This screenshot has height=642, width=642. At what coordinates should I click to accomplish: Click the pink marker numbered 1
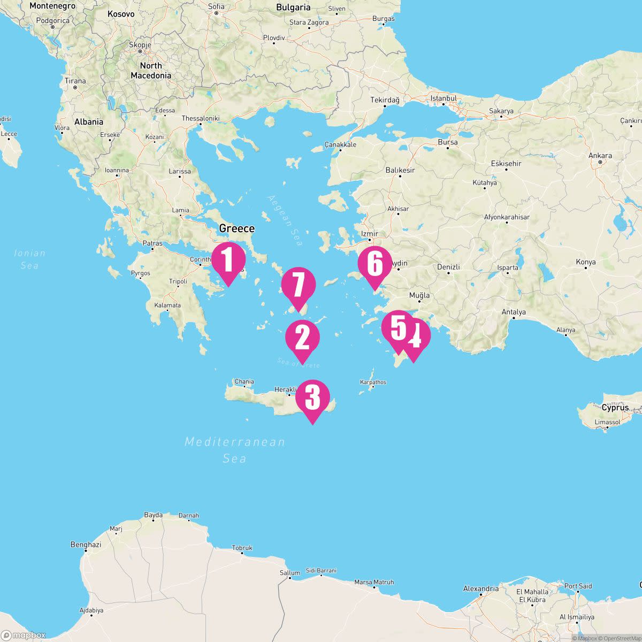click(228, 260)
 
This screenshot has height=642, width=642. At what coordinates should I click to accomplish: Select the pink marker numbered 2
click(302, 338)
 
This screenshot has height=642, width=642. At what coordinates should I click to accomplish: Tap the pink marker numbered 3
click(312, 398)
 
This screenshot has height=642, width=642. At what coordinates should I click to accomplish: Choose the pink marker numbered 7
click(298, 285)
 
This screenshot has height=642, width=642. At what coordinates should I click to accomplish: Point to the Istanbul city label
click(444, 98)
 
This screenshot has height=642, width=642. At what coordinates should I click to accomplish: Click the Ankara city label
click(600, 156)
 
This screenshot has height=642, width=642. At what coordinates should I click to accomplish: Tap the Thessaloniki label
click(201, 118)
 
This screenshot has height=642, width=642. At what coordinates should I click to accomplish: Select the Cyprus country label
click(615, 407)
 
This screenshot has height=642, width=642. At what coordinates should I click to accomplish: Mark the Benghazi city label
click(86, 545)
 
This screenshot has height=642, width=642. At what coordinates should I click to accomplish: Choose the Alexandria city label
click(481, 588)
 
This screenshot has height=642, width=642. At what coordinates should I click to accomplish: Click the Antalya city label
click(513, 312)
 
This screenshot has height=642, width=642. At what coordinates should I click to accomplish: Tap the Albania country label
click(89, 121)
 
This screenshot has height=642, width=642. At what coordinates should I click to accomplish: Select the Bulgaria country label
click(293, 7)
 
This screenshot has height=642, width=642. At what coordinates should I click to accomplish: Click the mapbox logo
click(24, 635)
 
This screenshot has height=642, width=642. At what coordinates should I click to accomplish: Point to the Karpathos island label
click(373, 382)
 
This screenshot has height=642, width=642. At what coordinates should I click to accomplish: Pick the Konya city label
click(585, 262)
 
